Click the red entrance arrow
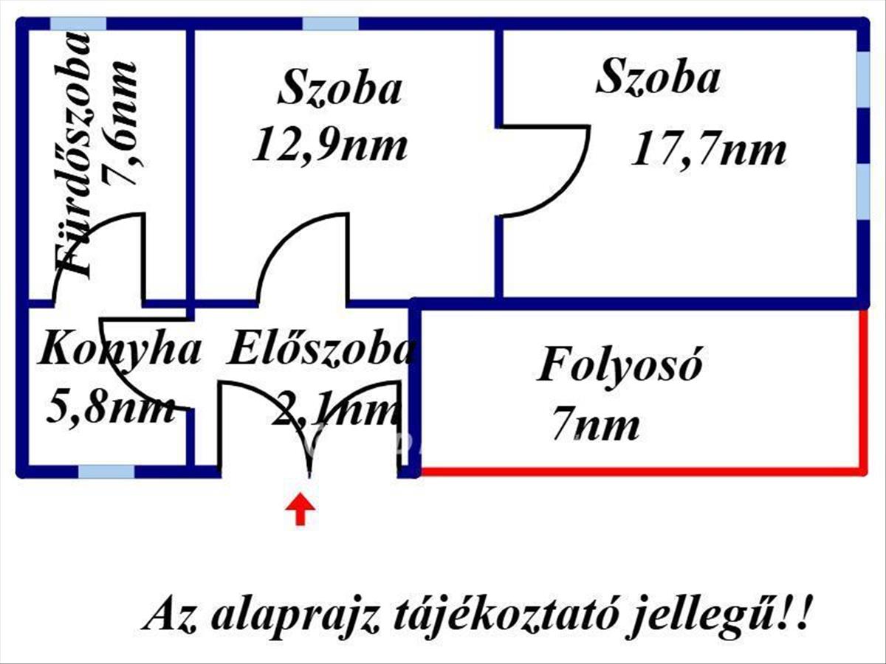pos(300,509)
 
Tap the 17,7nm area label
pos(708,151)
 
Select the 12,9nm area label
pos(330,145)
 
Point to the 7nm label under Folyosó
pos(596,426)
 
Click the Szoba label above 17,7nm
pos(657,77)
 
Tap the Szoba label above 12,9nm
pos(340,89)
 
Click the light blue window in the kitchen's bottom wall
pos(106,471)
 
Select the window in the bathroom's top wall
pos(78,24)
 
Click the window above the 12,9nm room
pos(330,24)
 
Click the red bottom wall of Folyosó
pos(639,470)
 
